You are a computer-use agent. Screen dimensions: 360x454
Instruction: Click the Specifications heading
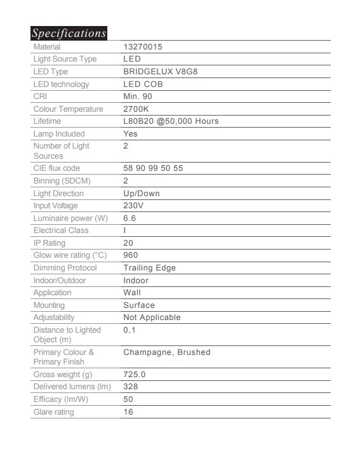coord(69,33)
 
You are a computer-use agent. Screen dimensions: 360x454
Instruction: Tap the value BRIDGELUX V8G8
coord(156,72)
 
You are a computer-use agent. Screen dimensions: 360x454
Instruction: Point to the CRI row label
coord(40,97)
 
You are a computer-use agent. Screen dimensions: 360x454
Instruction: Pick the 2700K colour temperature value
coord(138,109)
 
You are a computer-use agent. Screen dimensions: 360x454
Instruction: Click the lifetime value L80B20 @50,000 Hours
coord(170,121)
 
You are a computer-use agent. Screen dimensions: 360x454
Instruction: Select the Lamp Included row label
coord(58,134)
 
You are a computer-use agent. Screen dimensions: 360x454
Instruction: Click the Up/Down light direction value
coord(141,194)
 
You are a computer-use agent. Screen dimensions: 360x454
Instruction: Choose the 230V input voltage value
coord(133,206)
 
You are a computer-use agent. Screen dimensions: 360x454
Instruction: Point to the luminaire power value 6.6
coord(130,218)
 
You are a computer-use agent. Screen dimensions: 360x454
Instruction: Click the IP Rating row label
coord(49,243)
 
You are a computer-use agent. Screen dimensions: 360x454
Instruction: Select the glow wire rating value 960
coord(131,255)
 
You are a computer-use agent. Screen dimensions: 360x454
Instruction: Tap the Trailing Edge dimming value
coord(149,268)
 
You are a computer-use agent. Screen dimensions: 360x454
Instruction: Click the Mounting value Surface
coord(139,305)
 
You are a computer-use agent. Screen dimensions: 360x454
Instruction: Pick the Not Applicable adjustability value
coord(152,317)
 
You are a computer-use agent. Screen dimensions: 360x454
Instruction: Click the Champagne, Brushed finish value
coord(166,352)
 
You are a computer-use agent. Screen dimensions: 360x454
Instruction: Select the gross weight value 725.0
coord(135,375)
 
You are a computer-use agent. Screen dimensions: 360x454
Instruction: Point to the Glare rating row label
coord(53,412)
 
